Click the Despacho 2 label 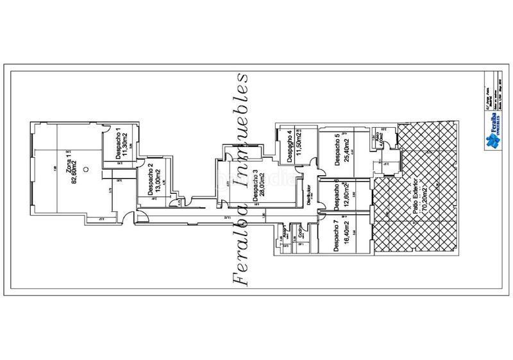[150, 180]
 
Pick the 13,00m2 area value [158, 180]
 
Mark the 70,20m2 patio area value [423, 191]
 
